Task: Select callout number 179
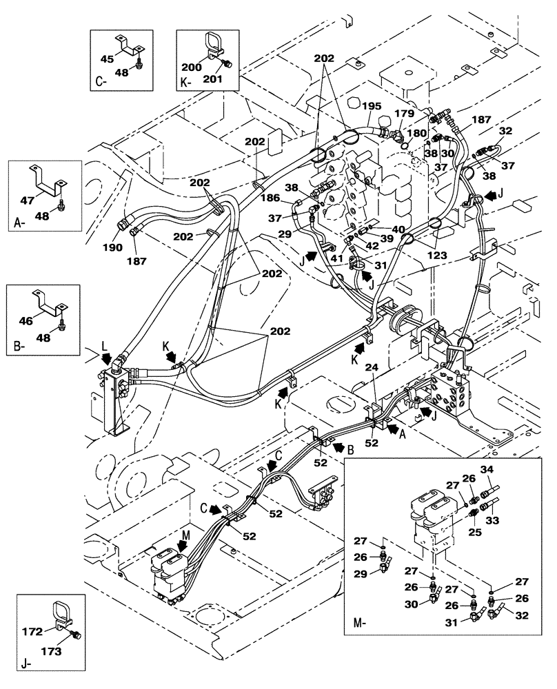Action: [405, 114]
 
